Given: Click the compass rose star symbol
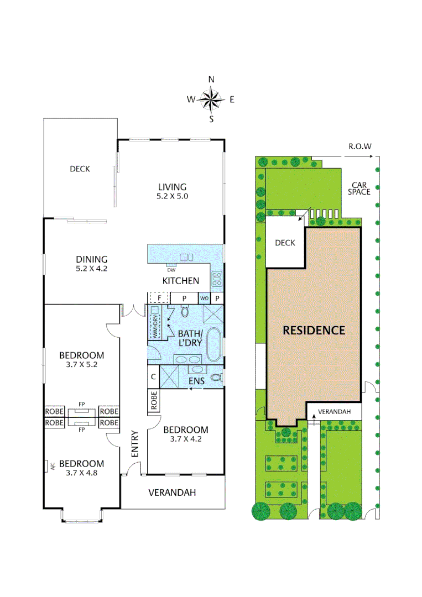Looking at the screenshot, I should [x=211, y=100].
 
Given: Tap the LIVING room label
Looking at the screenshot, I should [x=173, y=187].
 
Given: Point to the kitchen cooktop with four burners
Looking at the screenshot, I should [x=216, y=279].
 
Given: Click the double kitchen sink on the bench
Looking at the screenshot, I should [x=186, y=257].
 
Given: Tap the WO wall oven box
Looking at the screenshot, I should [x=204, y=298].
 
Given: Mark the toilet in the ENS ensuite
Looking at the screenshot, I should [x=217, y=379].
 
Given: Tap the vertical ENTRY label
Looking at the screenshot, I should [x=134, y=443].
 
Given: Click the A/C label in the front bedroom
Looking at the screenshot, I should [x=48, y=465].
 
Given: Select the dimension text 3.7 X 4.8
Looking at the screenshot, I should [x=82, y=473].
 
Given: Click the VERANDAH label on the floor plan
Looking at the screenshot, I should [x=173, y=493].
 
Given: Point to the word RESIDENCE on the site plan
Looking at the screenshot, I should [x=314, y=331].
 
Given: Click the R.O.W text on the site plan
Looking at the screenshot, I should [x=360, y=147].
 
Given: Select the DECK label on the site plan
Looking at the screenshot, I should [x=285, y=243].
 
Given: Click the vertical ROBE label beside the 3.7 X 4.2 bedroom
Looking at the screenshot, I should [x=153, y=401].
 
